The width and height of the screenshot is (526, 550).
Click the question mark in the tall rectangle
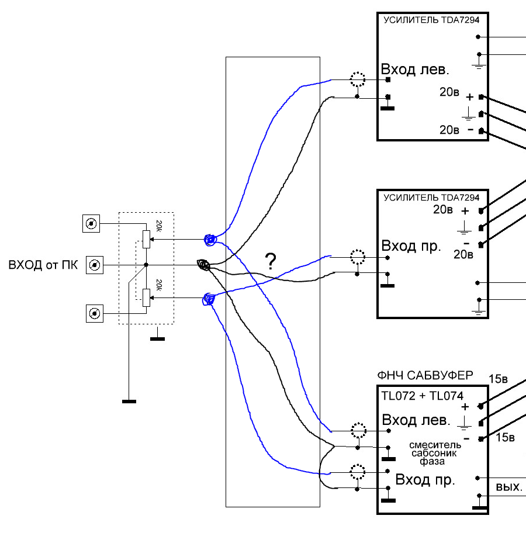271,261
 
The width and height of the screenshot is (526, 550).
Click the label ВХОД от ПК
43,265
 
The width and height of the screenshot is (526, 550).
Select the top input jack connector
91,223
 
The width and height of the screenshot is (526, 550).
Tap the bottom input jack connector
95,313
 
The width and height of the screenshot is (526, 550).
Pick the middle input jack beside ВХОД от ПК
95,265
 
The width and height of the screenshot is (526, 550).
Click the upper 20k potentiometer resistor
147,239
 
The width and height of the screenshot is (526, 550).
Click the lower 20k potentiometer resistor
147,298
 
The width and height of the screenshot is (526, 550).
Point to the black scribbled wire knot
204,265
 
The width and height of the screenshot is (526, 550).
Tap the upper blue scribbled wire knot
210,240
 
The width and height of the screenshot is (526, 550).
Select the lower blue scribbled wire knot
209,299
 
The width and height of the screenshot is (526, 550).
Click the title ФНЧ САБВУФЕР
425,376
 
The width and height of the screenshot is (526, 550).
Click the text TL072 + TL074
422,396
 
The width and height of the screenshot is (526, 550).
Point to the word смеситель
435,445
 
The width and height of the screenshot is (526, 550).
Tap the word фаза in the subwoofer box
432,462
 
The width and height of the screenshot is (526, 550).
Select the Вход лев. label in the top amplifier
415,70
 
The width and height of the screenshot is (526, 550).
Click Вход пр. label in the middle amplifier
411,246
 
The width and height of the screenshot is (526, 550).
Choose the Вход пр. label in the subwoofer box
425,479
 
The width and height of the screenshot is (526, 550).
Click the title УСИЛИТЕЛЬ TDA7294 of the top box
431,20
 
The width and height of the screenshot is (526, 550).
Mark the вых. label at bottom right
509,487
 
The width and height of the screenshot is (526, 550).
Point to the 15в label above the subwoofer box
499,379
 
